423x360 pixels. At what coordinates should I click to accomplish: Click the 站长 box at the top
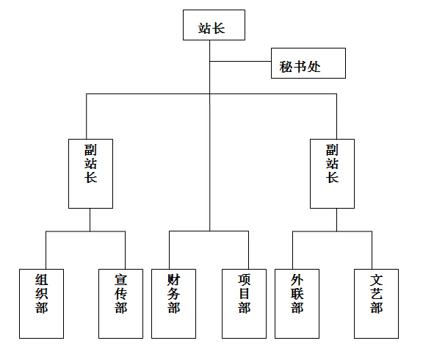tap(214, 25)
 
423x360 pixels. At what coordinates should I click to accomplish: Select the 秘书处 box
tap(308, 63)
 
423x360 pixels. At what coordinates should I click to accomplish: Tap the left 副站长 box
tap(90, 174)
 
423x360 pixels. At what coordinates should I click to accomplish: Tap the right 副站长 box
tap(333, 174)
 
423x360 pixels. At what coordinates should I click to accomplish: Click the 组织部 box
tap(42, 303)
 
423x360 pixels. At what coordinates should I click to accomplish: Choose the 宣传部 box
tap(121, 303)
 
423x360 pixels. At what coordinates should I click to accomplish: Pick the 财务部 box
tap(174, 303)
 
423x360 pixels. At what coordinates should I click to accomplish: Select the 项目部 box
tap(244, 303)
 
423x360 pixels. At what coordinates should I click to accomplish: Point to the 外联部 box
tap(297, 303)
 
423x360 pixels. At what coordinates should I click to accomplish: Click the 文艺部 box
tap(376, 303)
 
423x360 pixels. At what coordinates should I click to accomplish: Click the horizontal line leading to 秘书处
tap(240, 61)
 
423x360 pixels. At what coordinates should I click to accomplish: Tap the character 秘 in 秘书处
tap(286, 67)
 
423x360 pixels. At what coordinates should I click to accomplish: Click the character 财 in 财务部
tap(173, 280)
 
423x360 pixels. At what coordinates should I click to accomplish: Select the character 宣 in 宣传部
tap(121, 280)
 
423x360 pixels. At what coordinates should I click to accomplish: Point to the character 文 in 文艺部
tap(376, 280)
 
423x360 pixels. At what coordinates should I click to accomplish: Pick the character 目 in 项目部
tap(244, 294)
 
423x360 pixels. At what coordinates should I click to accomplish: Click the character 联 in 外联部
tap(297, 294)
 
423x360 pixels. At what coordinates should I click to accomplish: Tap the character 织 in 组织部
tap(42, 294)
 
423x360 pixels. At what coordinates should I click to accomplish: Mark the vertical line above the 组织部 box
tap(46, 251)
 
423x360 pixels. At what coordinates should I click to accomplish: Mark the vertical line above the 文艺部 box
tap(372, 251)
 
